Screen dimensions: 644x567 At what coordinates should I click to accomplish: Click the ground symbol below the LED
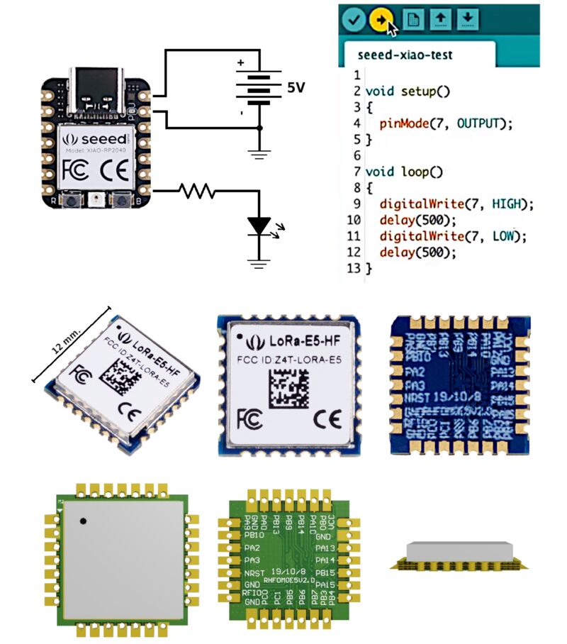pos(259,265)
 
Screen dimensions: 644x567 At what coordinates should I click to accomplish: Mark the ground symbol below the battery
pos(259,150)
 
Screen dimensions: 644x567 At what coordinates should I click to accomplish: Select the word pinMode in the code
pos(403,123)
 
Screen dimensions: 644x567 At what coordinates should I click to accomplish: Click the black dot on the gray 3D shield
pos(83,521)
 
